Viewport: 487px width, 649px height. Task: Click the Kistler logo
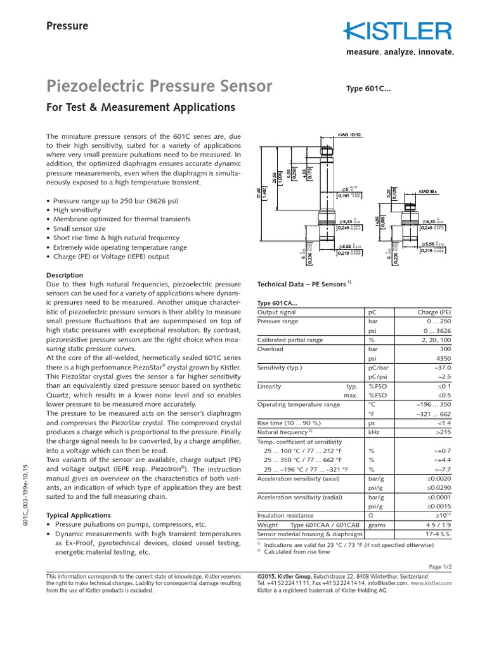[x=398, y=31]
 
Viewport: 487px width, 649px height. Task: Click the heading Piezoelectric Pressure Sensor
[x=160, y=86]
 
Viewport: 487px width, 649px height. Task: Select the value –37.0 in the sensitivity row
[x=440, y=368]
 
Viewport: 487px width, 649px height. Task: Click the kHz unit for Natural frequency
[x=374, y=432]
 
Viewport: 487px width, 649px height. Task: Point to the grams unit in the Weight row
[x=378, y=525]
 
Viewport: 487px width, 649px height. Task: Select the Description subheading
[x=65, y=275]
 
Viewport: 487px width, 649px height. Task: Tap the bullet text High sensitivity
[x=79, y=210]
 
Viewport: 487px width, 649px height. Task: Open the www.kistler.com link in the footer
[x=431, y=582]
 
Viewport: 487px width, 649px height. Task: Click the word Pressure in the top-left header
[x=68, y=26]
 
